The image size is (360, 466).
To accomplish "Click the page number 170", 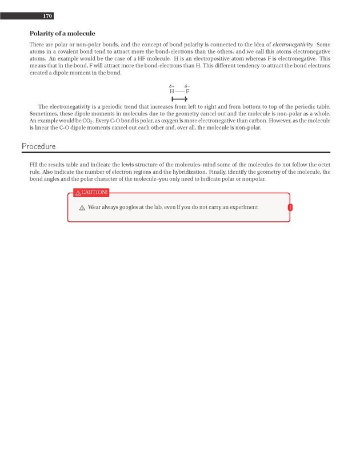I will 47,16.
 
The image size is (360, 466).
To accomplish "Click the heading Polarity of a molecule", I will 62,34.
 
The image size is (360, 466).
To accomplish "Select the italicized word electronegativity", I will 293,45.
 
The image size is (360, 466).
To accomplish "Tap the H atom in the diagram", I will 172,91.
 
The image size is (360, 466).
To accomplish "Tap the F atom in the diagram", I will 187,91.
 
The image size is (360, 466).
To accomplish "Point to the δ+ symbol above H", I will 172,86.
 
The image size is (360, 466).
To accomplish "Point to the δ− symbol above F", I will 187,86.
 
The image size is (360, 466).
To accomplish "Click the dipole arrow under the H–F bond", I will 179,99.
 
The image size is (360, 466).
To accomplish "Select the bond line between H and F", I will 179,91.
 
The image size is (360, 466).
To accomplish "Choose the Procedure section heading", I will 39,146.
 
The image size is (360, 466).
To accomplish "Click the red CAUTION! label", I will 91,192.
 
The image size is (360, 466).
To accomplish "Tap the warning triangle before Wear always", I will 82,208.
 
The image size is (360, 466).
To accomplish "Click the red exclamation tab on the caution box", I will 290,207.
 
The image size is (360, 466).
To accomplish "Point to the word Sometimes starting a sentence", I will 43,114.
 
